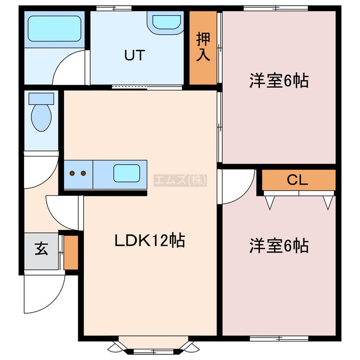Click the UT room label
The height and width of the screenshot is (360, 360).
coord(134,55)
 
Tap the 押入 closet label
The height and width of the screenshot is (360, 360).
coord(203,47)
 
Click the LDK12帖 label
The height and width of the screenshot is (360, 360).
coord(150,241)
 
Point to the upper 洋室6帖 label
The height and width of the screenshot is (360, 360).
coord(279,81)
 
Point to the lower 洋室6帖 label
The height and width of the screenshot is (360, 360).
coord(279,246)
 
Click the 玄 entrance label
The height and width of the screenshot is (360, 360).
coord(42,248)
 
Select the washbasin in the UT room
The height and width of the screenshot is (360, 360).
coord(165,22)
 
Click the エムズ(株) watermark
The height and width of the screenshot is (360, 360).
coord(181,180)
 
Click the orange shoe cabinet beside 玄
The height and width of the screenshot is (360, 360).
coord(71,253)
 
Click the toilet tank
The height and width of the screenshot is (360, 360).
coord(41,98)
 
